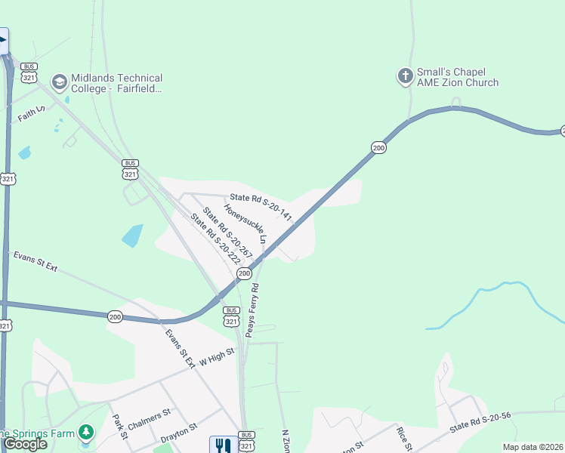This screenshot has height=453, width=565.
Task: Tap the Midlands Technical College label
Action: click(x=116, y=83)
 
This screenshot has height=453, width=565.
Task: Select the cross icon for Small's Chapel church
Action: click(x=405, y=75)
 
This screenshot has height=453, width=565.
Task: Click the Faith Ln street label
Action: click(x=32, y=114)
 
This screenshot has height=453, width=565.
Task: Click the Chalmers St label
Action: click(x=152, y=418)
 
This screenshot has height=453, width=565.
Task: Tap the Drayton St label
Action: click(x=179, y=433)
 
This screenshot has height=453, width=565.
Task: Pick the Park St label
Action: click(x=118, y=428)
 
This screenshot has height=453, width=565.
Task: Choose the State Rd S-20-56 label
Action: click(x=480, y=423)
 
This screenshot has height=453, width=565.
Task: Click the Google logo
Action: click(x=25, y=444)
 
